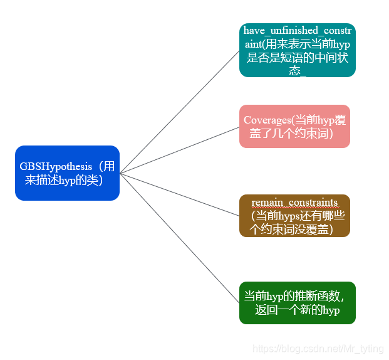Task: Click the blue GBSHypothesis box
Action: [67, 173]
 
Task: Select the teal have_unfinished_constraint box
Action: [297, 50]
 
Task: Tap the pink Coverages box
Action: [294, 126]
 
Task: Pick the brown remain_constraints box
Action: [294, 216]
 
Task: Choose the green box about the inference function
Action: [297, 303]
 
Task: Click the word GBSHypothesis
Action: [55, 166]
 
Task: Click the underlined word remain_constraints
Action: [294, 203]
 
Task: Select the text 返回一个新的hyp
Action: [297, 310]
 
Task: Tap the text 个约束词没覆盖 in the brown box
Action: [291, 229]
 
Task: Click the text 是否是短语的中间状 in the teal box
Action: [298, 58]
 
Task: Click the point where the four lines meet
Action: [120, 173]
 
